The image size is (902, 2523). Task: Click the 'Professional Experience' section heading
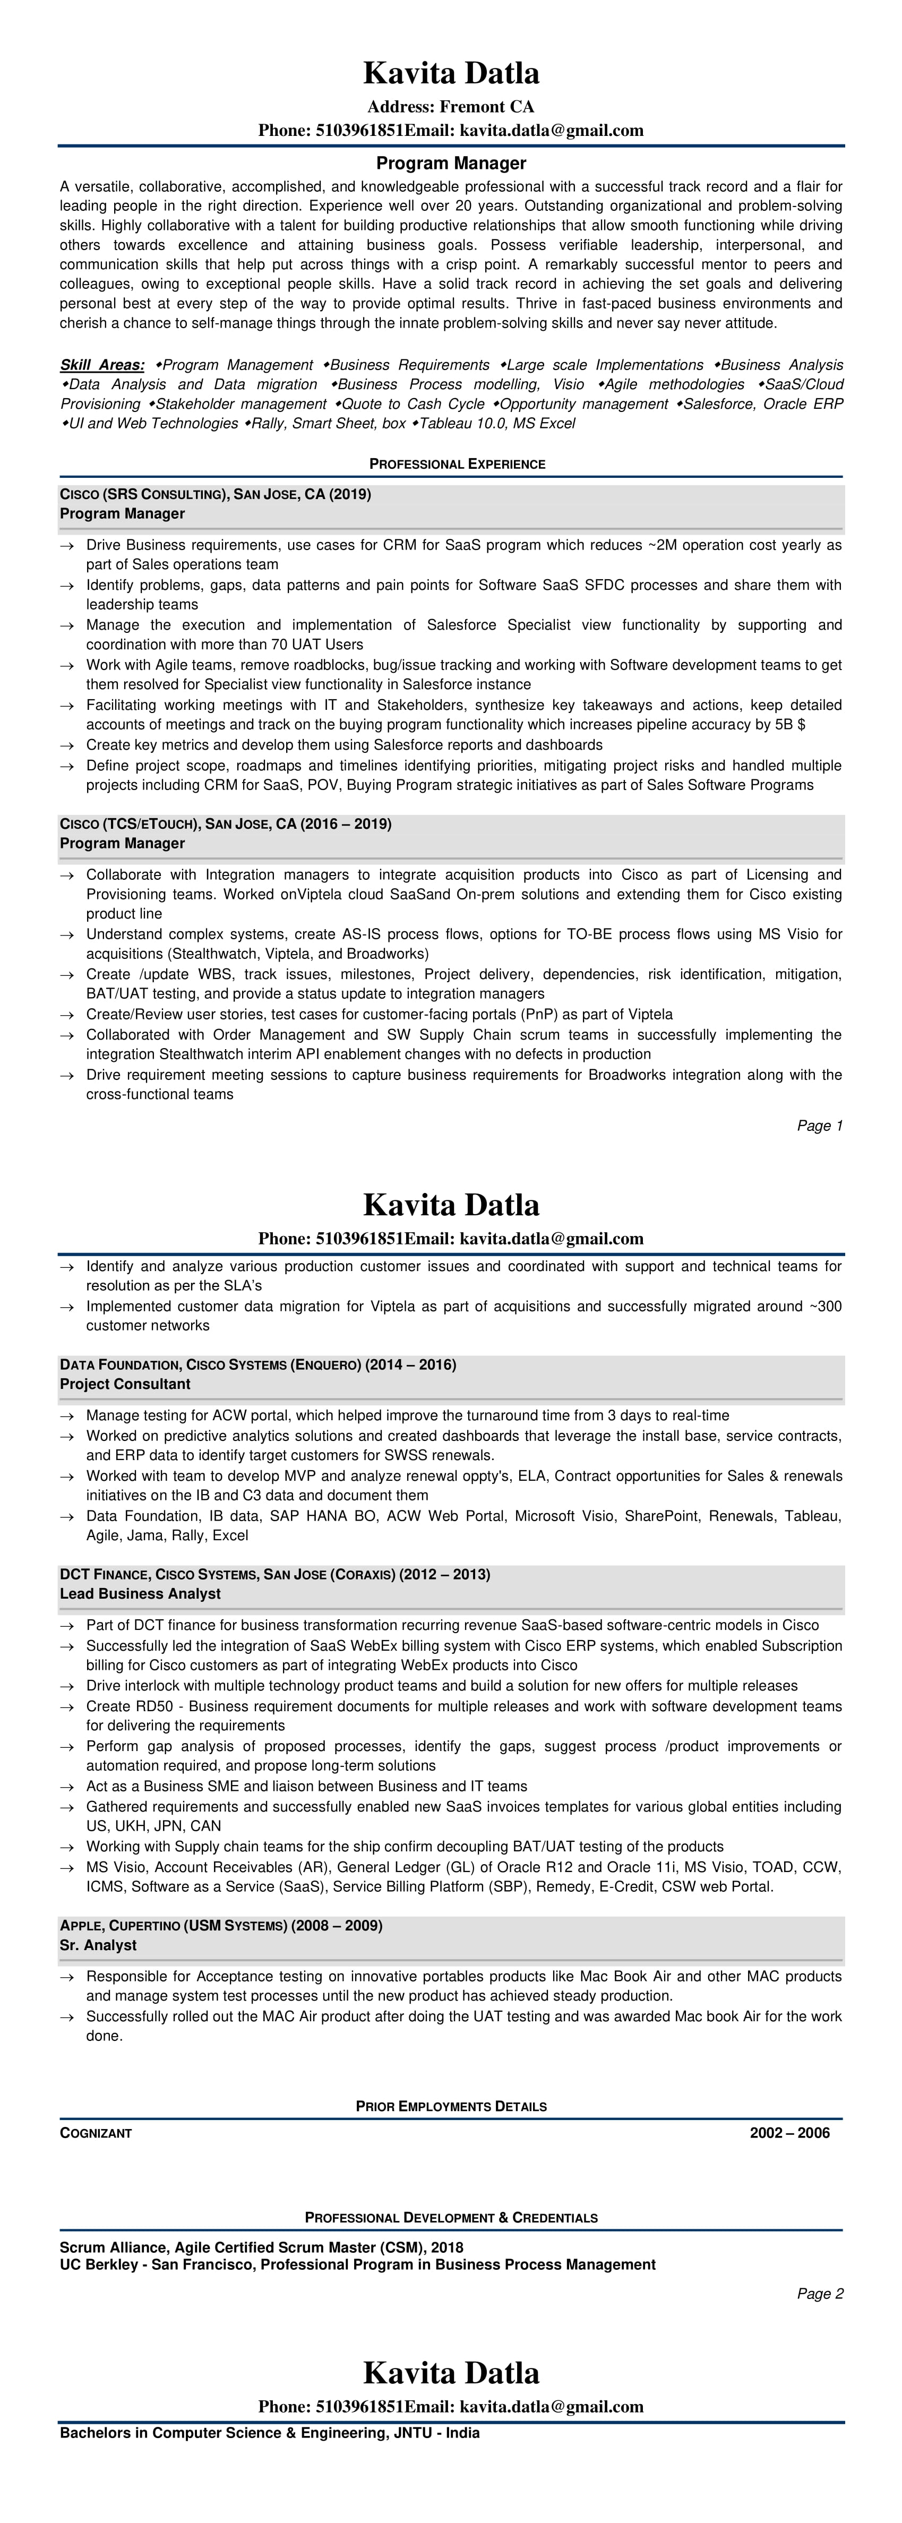pos(457,464)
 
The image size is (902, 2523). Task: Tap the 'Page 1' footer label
pos(820,1126)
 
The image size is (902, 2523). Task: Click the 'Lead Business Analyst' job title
pos(140,1593)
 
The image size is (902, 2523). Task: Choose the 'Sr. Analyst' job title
pos(98,1945)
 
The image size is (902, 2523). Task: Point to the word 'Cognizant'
pos(96,2133)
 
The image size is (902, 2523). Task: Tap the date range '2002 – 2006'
pos(789,2133)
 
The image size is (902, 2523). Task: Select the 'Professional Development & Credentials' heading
pos(451,2217)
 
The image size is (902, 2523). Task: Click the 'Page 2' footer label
pos(820,2294)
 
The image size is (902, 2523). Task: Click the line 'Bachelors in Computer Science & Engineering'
pos(269,2433)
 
